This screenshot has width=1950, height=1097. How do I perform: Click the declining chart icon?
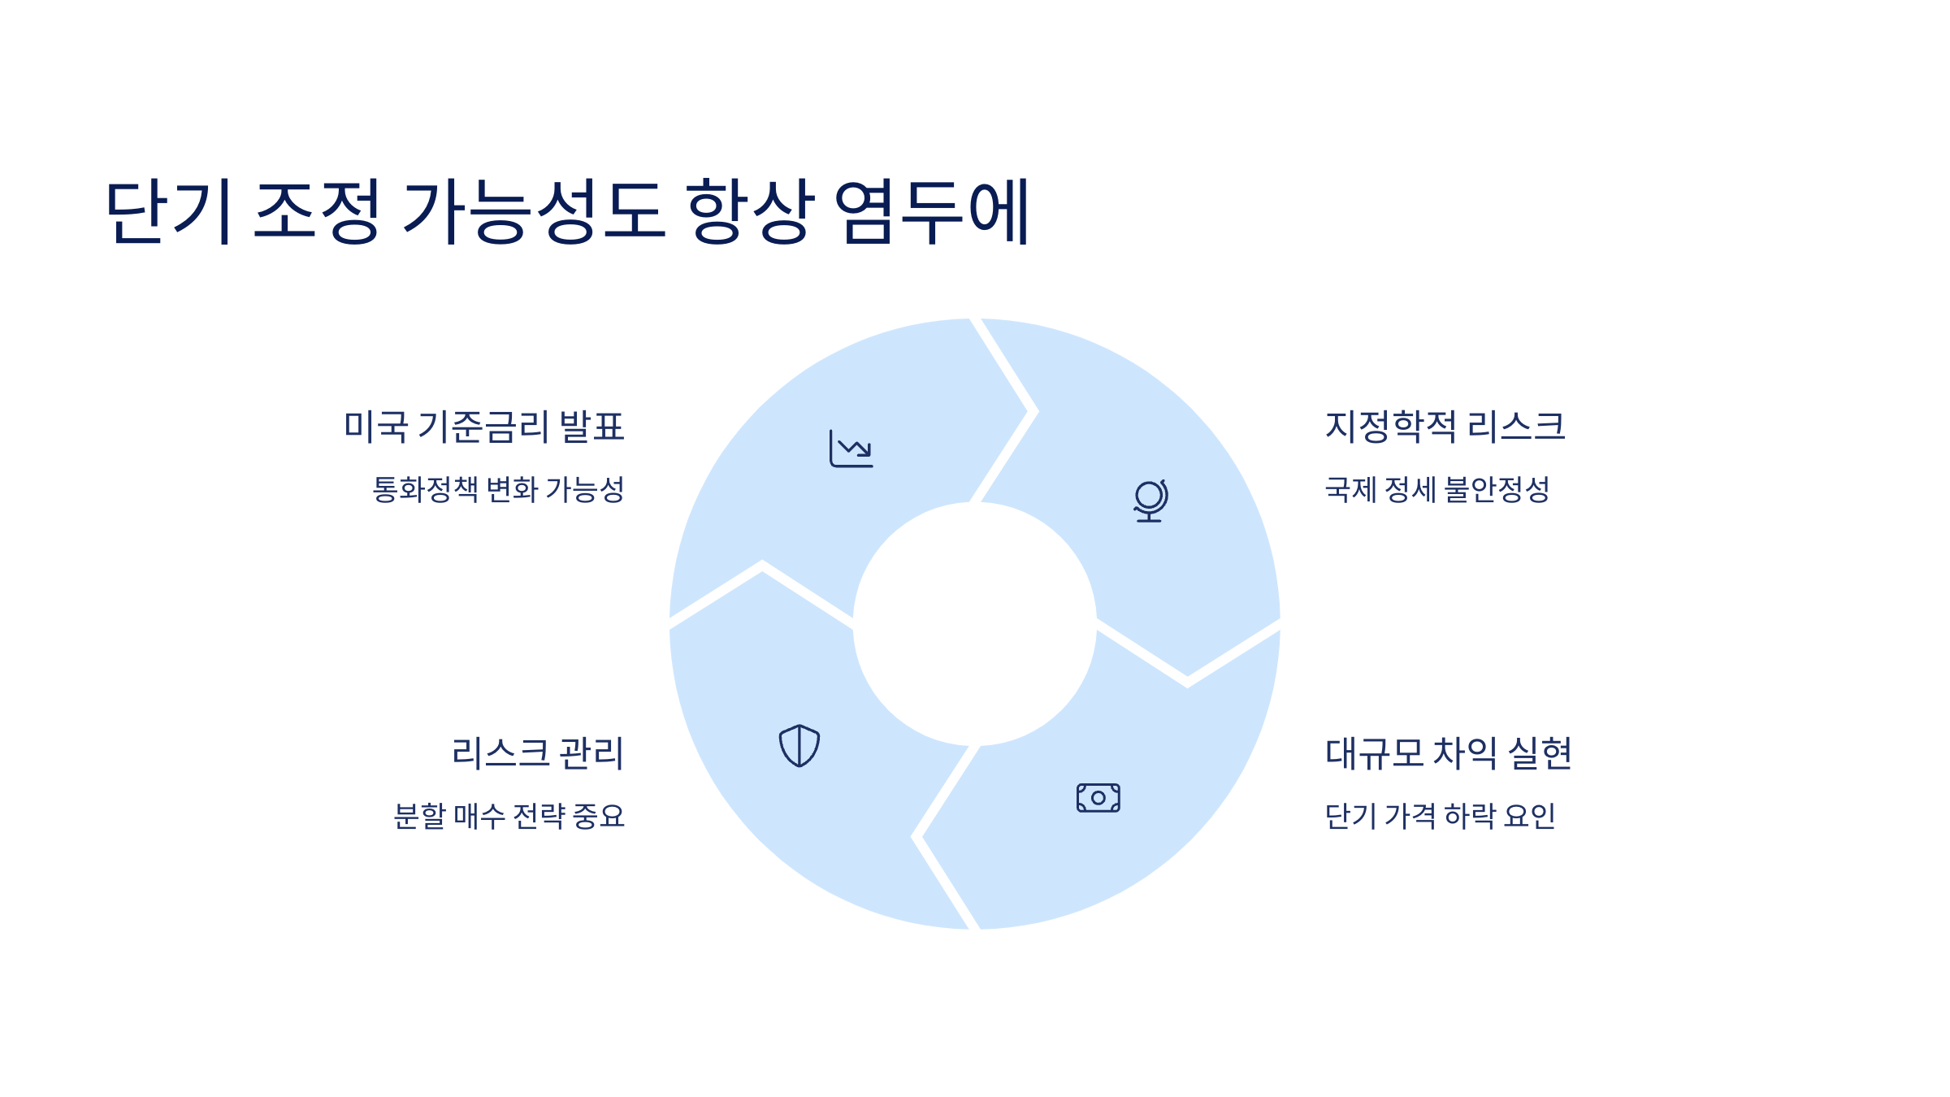tap(851, 449)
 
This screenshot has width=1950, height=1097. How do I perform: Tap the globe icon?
tap(1150, 501)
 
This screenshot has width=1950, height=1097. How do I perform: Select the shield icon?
tap(799, 746)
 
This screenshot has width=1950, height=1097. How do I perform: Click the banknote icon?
tap(1098, 798)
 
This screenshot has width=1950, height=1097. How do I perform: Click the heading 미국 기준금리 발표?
tap(484, 427)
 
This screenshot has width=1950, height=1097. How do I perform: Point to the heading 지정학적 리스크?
tap(1445, 427)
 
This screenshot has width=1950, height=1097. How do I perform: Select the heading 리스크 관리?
tap(538, 753)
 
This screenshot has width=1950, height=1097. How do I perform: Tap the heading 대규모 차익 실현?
tap(1448, 753)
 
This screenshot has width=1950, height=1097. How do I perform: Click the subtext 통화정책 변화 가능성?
tap(498, 489)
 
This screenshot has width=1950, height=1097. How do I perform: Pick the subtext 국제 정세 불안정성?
tap(1437, 489)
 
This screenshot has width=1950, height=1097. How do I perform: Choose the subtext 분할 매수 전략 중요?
tap(509, 816)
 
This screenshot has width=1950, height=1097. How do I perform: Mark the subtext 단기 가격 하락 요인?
tap(1440, 816)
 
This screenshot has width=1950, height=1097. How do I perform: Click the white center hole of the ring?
tap(974, 624)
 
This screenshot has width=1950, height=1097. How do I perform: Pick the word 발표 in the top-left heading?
tap(592, 427)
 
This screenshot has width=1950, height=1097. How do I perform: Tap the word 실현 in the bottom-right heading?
tap(1540, 753)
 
